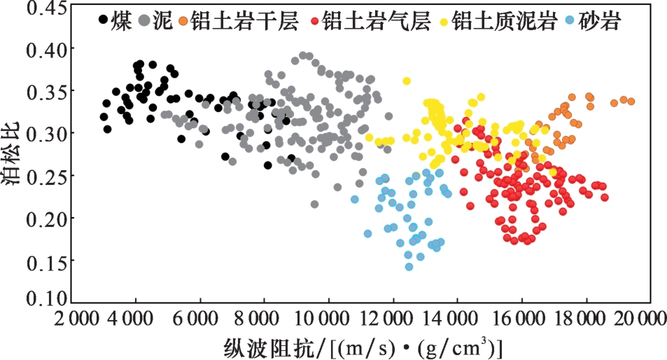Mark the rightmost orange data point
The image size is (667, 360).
tap(631, 102)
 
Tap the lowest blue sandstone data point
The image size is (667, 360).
tap(409, 266)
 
